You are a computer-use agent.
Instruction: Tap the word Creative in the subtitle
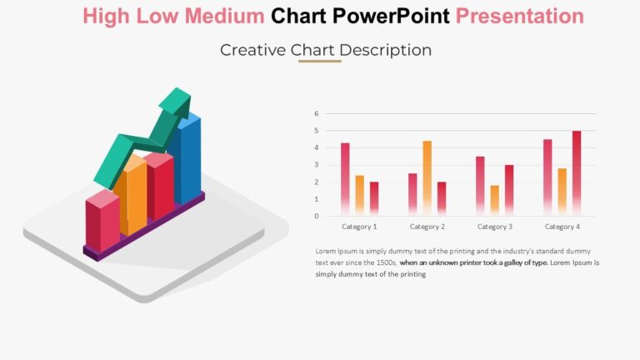(x=253, y=50)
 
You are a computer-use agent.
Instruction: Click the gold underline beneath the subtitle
(x=320, y=61)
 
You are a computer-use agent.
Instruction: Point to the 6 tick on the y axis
(x=317, y=113)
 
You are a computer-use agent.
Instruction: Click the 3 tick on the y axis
(x=317, y=165)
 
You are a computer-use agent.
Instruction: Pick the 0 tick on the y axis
(x=317, y=216)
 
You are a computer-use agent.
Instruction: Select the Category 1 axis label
(x=359, y=227)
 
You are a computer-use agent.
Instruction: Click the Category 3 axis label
(x=494, y=227)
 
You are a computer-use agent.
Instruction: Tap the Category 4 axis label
(x=562, y=227)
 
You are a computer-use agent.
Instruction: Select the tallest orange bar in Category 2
(x=427, y=175)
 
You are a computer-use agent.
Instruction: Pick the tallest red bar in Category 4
(x=577, y=171)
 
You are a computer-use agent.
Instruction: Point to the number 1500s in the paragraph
(x=385, y=262)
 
